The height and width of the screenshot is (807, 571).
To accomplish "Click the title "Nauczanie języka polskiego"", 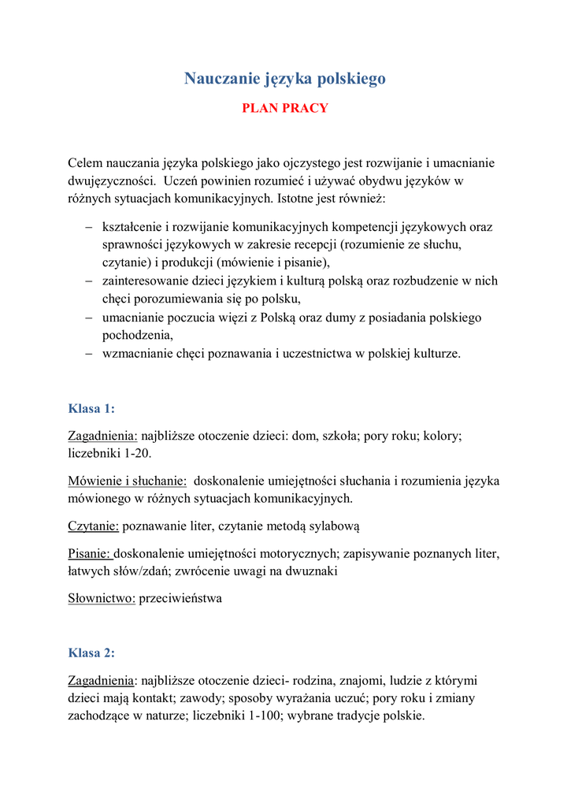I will [285, 78].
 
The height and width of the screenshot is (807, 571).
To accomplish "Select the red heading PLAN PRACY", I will [284, 108].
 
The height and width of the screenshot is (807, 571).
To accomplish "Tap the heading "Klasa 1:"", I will [91, 408].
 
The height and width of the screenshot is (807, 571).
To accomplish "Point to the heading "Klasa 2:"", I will [91, 653].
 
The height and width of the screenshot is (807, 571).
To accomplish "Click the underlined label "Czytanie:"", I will [94, 525].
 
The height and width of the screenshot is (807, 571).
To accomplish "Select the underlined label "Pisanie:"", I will [91, 554].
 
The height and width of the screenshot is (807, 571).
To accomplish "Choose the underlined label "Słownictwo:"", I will [102, 598].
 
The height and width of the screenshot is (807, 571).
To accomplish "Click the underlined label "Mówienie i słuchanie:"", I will [128, 480].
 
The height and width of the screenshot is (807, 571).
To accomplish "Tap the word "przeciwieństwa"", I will [180, 598].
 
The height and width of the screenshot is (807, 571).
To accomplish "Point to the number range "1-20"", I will [134, 453].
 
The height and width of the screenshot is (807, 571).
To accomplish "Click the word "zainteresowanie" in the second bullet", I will [143, 281].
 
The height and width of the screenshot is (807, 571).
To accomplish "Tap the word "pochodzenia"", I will [136, 335].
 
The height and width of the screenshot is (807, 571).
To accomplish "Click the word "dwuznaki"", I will [315, 571].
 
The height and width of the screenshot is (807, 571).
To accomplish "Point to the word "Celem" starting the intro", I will [85, 163].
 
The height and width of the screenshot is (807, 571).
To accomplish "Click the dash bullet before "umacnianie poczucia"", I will [89, 318].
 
